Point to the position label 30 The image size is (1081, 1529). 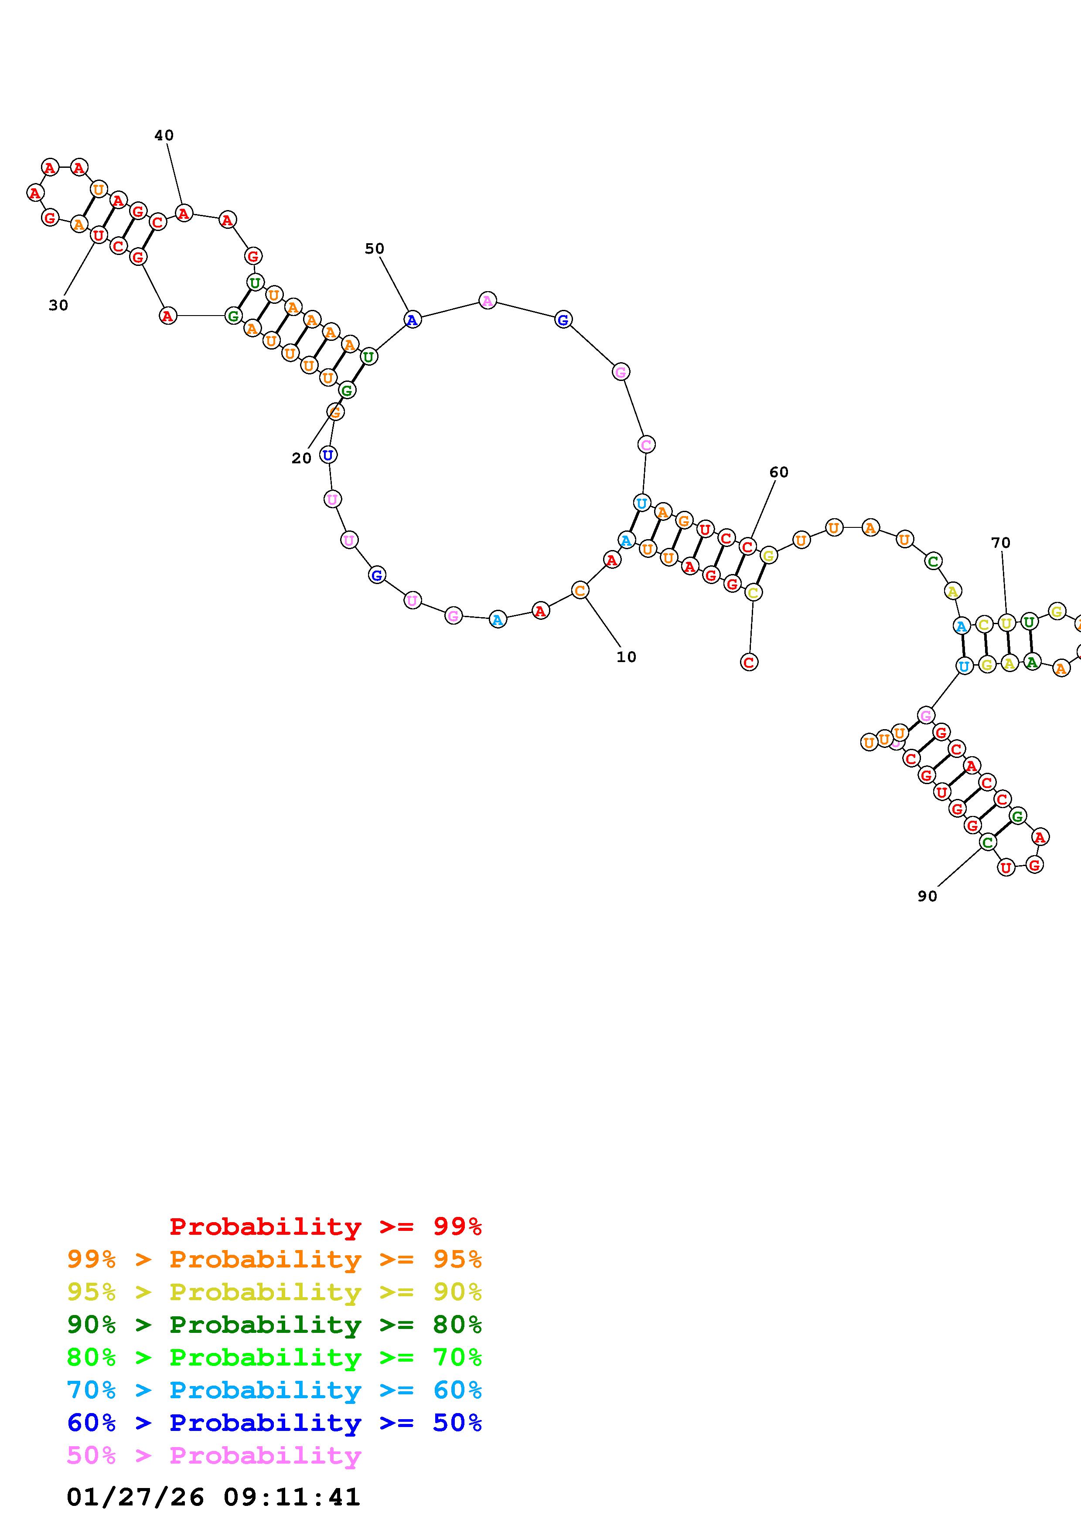pyautogui.click(x=58, y=306)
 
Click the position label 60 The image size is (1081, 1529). pyautogui.click(x=779, y=472)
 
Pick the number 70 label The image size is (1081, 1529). pyautogui.click(x=1000, y=543)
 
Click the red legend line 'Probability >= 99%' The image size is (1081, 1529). pyautogui.click(x=326, y=1226)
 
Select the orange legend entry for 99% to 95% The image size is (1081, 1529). pyautogui.click(x=274, y=1259)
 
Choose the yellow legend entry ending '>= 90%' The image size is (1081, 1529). pyautogui.click(x=274, y=1292)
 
